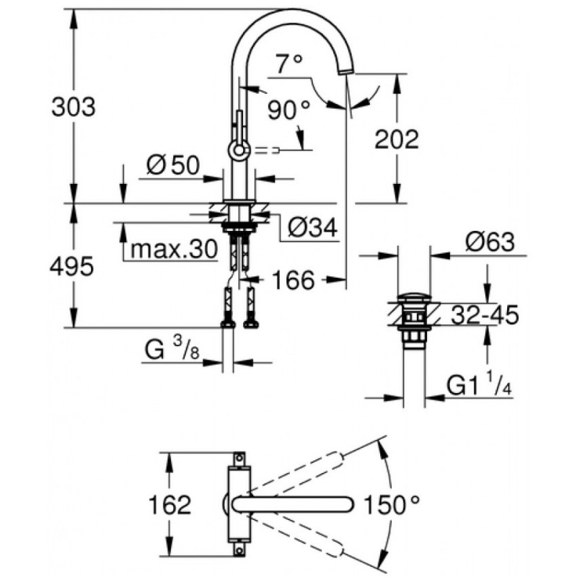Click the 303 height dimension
pos(74,107)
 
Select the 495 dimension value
pos(71,267)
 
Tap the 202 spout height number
pos(397,139)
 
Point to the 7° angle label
pos(289,63)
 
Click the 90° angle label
pos(289,110)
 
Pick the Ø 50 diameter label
pos(173,165)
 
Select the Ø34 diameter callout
pos(312,227)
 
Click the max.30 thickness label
pos(174,249)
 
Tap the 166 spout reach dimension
pos(294,280)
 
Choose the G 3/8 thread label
pos(172,349)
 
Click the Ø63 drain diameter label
pos(490,242)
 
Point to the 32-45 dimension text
pos(485,314)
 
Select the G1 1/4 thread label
pos(480,385)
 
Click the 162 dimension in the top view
pos(169,504)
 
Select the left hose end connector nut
pos(228,324)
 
